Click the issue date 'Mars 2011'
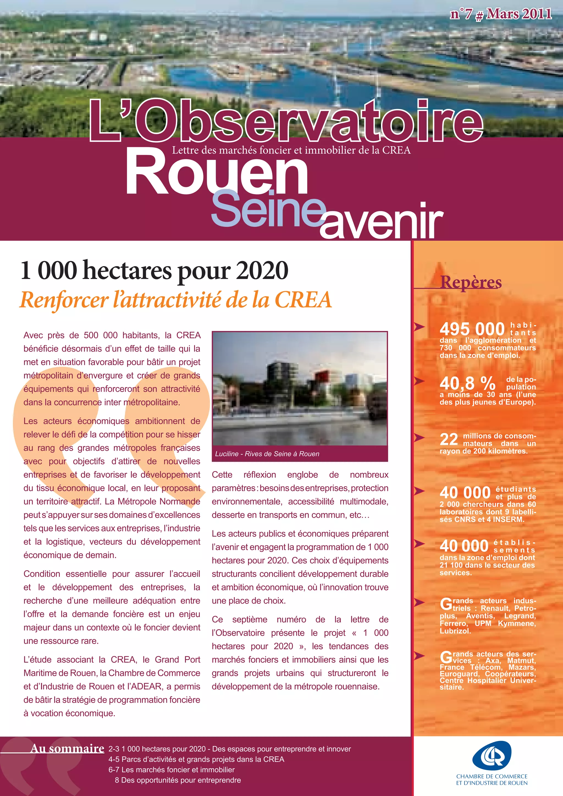click(x=519, y=14)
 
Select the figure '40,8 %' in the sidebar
click(x=467, y=383)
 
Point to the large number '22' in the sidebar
click(x=449, y=439)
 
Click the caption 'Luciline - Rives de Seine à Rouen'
click(x=267, y=454)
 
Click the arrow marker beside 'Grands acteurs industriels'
click(x=420, y=602)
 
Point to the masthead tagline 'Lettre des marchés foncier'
click(x=291, y=150)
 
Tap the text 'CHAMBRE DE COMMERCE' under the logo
click(x=492, y=776)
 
